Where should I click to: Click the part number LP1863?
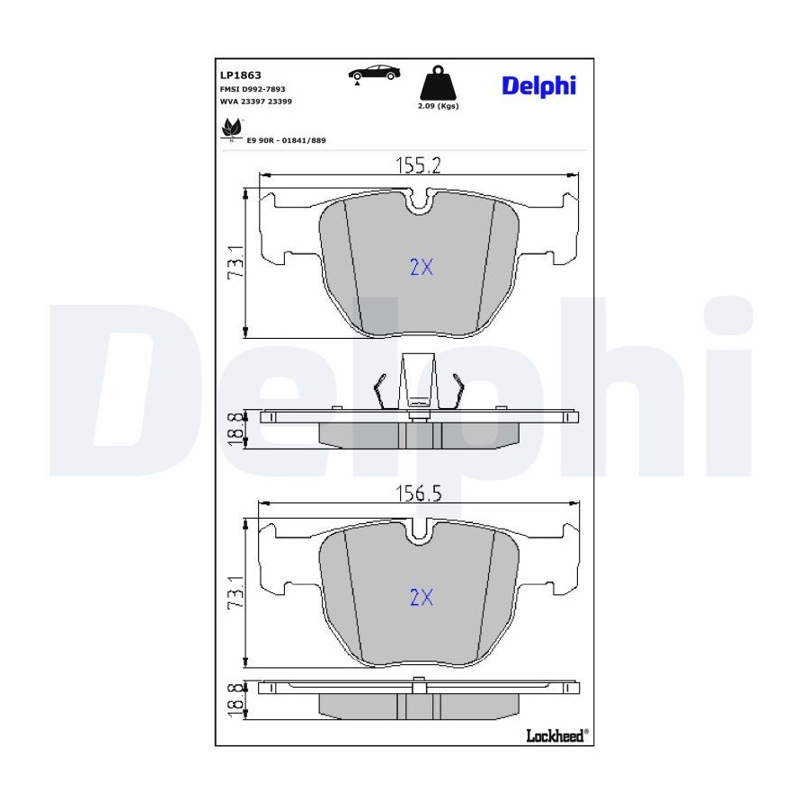[240, 76]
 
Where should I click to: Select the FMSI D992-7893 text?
[253, 89]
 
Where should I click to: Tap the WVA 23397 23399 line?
[256, 102]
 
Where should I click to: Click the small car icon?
[374, 74]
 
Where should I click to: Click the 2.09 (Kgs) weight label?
[438, 106]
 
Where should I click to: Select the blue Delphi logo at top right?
[538, 86]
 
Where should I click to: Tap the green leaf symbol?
[232, 129]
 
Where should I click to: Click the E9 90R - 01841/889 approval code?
[287, 140]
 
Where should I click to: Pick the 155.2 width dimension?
[418, 165]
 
